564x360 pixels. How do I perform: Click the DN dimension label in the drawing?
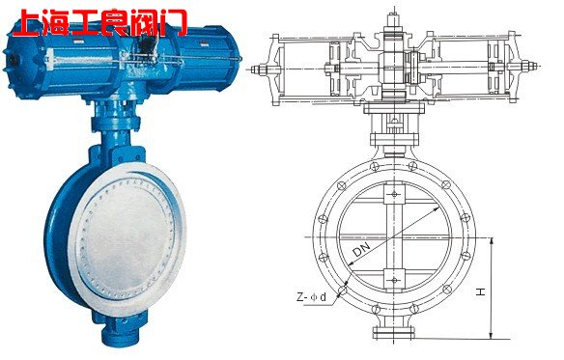click(x=361, y=248)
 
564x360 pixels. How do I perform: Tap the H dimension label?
click(x=481, y=291)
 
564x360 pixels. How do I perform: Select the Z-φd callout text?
click(x=312, y=297)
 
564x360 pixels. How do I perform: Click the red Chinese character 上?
click(x=27, y=22)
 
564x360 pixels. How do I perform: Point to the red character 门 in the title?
click(x=174, y=22)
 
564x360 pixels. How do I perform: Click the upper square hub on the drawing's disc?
click(x=394, y=194)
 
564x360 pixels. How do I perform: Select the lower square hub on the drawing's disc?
click(x=394, y=280)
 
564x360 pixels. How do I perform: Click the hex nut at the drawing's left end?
click(x=261, y=69)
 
